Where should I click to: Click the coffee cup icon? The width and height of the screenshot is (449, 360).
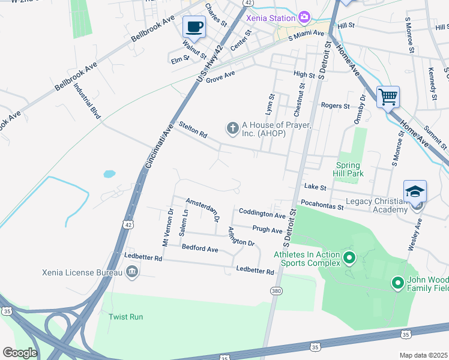(x=194, y=27)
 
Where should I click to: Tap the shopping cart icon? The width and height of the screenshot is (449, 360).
(x=388, y=96)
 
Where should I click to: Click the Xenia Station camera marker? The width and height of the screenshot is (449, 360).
(x=304, y=17)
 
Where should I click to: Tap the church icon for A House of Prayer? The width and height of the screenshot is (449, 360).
(x=232, y=128)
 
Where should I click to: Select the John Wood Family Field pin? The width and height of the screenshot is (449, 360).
(x=397, y=282)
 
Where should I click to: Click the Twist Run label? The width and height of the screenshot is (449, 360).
(x=126, y=316)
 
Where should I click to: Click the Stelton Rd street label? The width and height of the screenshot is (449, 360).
(x=193, y=130)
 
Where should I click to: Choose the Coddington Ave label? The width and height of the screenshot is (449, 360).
(x=262, y=213)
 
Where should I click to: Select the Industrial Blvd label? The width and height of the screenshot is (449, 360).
(x=87, y=100)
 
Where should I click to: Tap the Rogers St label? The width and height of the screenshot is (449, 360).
(x=335, y=106)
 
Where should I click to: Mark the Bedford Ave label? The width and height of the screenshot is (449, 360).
(x=200, y=248)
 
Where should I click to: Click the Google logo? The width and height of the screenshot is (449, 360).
(x=20, y=353)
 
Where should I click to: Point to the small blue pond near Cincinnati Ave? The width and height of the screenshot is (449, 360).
(x=109, y=174)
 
